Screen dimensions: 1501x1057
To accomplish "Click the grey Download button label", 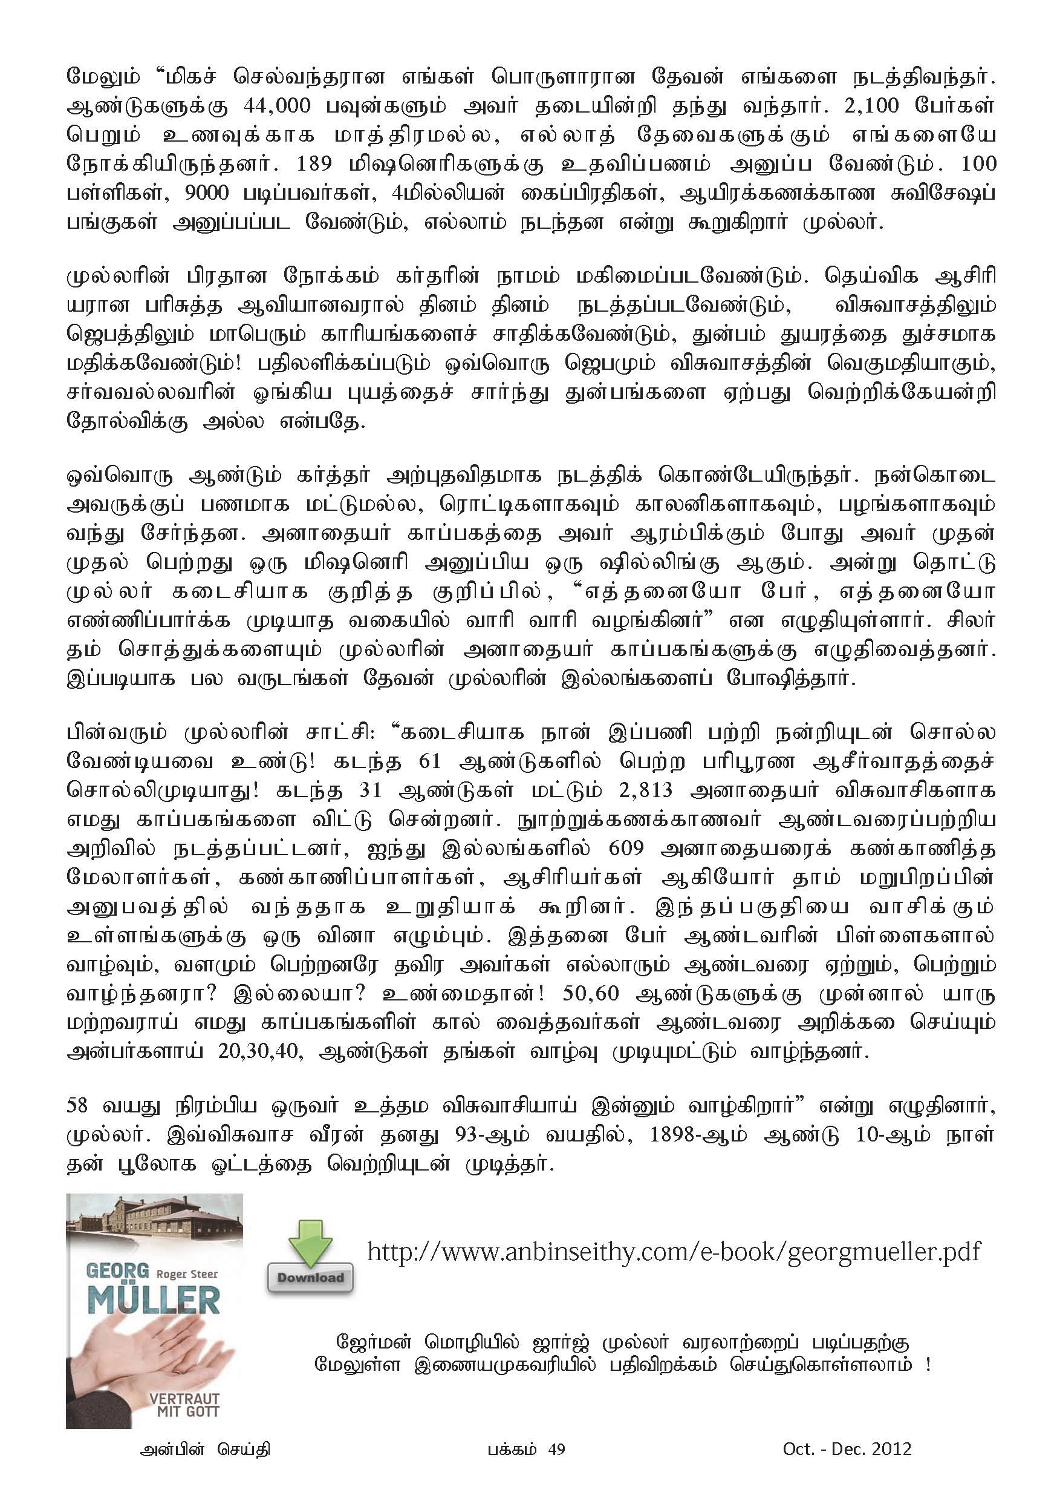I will click(x=310, y=1278).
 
